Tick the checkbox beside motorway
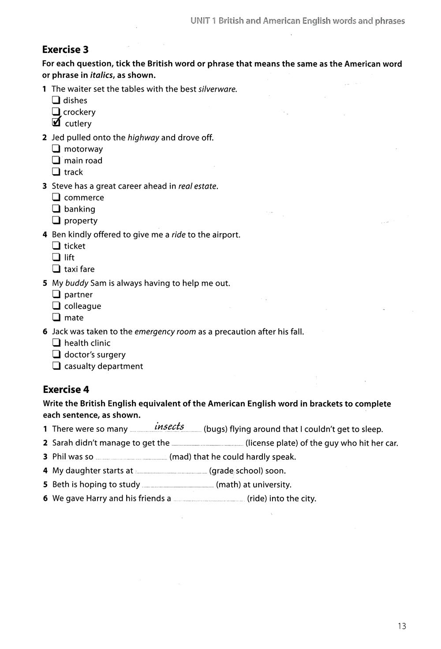click(x=56, y=149)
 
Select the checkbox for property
click(x=56, y=220)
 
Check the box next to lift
click(x=56, y=257)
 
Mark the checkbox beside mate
click(x=56, y=317)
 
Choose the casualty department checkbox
click(x=56, y=366)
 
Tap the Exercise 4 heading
click(x=66, y=389)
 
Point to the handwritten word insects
click(x=169, y=426)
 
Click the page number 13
click(x=401, y=626)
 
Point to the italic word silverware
click(x=217, y=89)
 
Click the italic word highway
click(x=143, y=138)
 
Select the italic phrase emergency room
click(x=165, y=332)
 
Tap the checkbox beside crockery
click(x=56, y=111)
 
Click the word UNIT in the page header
click(x=200, y=21)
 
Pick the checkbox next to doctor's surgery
click(x=56, y=354)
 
